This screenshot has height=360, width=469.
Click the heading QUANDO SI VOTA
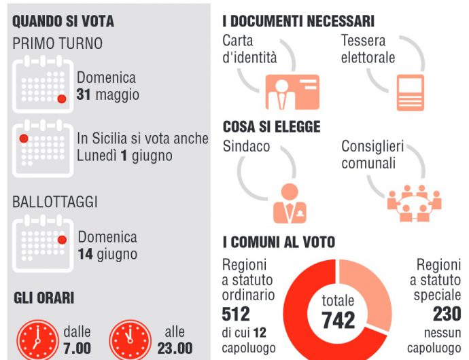tap(63, 21)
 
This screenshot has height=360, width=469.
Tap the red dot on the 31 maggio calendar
tap(62, 98)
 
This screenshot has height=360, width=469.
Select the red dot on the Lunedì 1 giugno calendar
tap(24, 139)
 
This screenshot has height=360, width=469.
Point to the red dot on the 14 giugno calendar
tap(62, 239)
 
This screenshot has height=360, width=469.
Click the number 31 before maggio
tap(84, 94)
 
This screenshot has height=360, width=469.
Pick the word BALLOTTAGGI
tap(55, 202)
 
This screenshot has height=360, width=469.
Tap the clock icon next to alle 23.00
tap(129, 337)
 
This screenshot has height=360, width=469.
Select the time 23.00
tap(175, 348)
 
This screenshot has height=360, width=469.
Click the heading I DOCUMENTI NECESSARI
tap(298, 21)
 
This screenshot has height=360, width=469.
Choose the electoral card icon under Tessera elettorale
tap(411, 93)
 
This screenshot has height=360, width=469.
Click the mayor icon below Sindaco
tap(290, 203)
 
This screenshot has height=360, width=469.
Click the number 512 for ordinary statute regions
tap(236, 314)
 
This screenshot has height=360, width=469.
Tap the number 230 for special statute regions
tap(447, 314)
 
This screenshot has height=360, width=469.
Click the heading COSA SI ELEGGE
tap(271, 128)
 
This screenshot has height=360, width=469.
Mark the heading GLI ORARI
tap(44, 298)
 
